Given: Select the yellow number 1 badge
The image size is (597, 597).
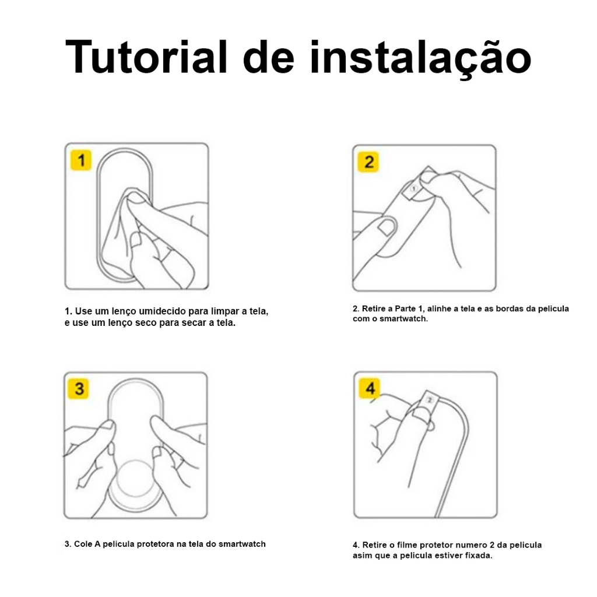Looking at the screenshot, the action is click(x=81, y=160).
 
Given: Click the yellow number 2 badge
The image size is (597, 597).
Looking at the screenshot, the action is click(x=368, y=162).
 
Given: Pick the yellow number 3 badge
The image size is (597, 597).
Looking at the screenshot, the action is click(x=79, y=389).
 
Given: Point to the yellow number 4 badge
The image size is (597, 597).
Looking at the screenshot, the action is click(x=370, y=388).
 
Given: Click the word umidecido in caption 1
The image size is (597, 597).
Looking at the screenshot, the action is click(x=163, y=311).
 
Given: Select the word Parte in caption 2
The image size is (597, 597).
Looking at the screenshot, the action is click(x=405, y=308).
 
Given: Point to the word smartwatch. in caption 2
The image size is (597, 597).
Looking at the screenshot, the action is click(x=403, y=319).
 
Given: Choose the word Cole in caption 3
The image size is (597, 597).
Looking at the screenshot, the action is click(x=83, y=544).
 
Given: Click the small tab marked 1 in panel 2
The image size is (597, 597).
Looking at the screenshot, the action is click(x=413, y=188).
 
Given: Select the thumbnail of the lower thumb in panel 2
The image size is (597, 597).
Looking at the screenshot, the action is click(x=387, y=227).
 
